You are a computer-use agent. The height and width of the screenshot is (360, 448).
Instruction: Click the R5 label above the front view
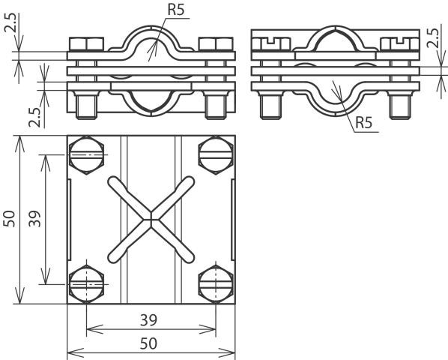[176, 10]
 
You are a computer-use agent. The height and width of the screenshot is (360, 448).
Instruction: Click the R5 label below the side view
[364, 123]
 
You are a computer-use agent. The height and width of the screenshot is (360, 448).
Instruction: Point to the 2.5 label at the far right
[433, 37]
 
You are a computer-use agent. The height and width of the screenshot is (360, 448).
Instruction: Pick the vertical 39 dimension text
[34, 219]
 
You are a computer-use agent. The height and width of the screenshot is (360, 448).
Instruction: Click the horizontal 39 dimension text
[148, 320]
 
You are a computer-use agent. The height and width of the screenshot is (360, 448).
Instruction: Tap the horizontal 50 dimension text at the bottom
[148, 343]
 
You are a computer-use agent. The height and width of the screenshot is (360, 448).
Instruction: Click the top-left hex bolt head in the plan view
[86, 155]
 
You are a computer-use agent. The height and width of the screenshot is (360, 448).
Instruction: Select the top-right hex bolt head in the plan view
[216, 155]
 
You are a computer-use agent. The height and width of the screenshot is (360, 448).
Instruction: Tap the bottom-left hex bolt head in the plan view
[86, 284]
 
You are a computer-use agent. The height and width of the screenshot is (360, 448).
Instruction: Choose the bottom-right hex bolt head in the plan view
[216, 284]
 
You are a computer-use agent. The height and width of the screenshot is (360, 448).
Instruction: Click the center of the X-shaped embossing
[151, 220]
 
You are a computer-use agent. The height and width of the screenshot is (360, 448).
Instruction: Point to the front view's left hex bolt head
[86, 44]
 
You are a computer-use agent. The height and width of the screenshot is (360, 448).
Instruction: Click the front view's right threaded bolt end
[216, 105]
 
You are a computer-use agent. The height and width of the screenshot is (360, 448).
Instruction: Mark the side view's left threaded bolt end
[270, 105]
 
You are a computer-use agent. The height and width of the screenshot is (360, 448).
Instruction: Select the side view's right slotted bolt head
[399, 44]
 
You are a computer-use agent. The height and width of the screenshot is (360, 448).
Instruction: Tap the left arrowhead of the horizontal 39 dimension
[94, 329]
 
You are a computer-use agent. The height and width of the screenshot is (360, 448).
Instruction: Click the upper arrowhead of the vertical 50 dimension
[19, 144]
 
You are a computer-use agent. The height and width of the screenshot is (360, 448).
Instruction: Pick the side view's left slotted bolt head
[271, 44]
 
